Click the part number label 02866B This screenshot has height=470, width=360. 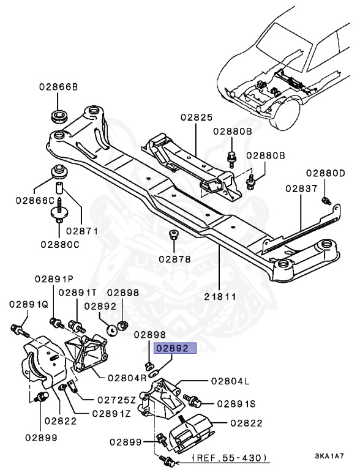click(58, 88)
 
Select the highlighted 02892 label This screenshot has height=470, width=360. click(176, 349)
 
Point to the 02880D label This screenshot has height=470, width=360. click(326, 173)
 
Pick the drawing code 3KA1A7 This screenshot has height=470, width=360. click(329, 456)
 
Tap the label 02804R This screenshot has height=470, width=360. click(127, 378)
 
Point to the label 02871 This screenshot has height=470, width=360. click(83, 231)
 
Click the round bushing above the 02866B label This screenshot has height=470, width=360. click(59, 116)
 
